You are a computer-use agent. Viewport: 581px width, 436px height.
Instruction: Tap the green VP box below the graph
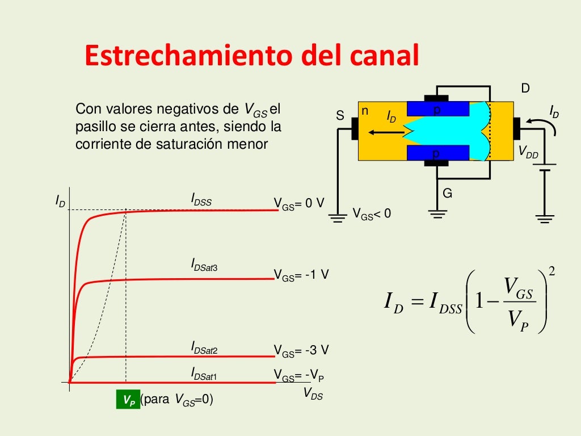[x=128, y=400]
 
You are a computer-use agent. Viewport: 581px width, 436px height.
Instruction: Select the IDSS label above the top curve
[x=201, y=200]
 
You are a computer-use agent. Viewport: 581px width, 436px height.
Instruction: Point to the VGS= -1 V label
[x=301, y=275]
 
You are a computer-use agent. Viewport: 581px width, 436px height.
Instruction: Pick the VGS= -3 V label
[x=301, y=350]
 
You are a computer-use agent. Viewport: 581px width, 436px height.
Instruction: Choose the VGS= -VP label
[x=299, y=375]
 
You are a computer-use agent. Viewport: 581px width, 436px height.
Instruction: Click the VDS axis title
[x=313, y=393]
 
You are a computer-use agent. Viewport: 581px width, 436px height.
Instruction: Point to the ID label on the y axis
[x=60, y=200]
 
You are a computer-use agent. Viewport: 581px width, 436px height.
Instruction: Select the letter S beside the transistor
[x=340, y=115]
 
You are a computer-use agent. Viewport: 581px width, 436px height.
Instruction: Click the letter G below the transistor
[x=447, y=194]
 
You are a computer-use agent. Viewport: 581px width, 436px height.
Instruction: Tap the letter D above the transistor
[x=525, y=88]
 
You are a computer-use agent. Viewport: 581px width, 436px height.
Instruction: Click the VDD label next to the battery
[x=528, y=152]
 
